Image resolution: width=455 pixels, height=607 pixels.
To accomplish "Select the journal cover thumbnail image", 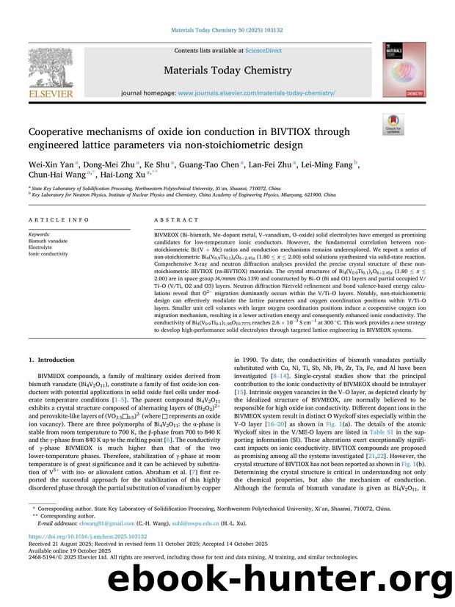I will click(404, 70).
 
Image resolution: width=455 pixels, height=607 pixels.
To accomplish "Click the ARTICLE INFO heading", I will click(54, 219).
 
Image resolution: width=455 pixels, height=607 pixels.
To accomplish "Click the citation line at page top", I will click(227, 29).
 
